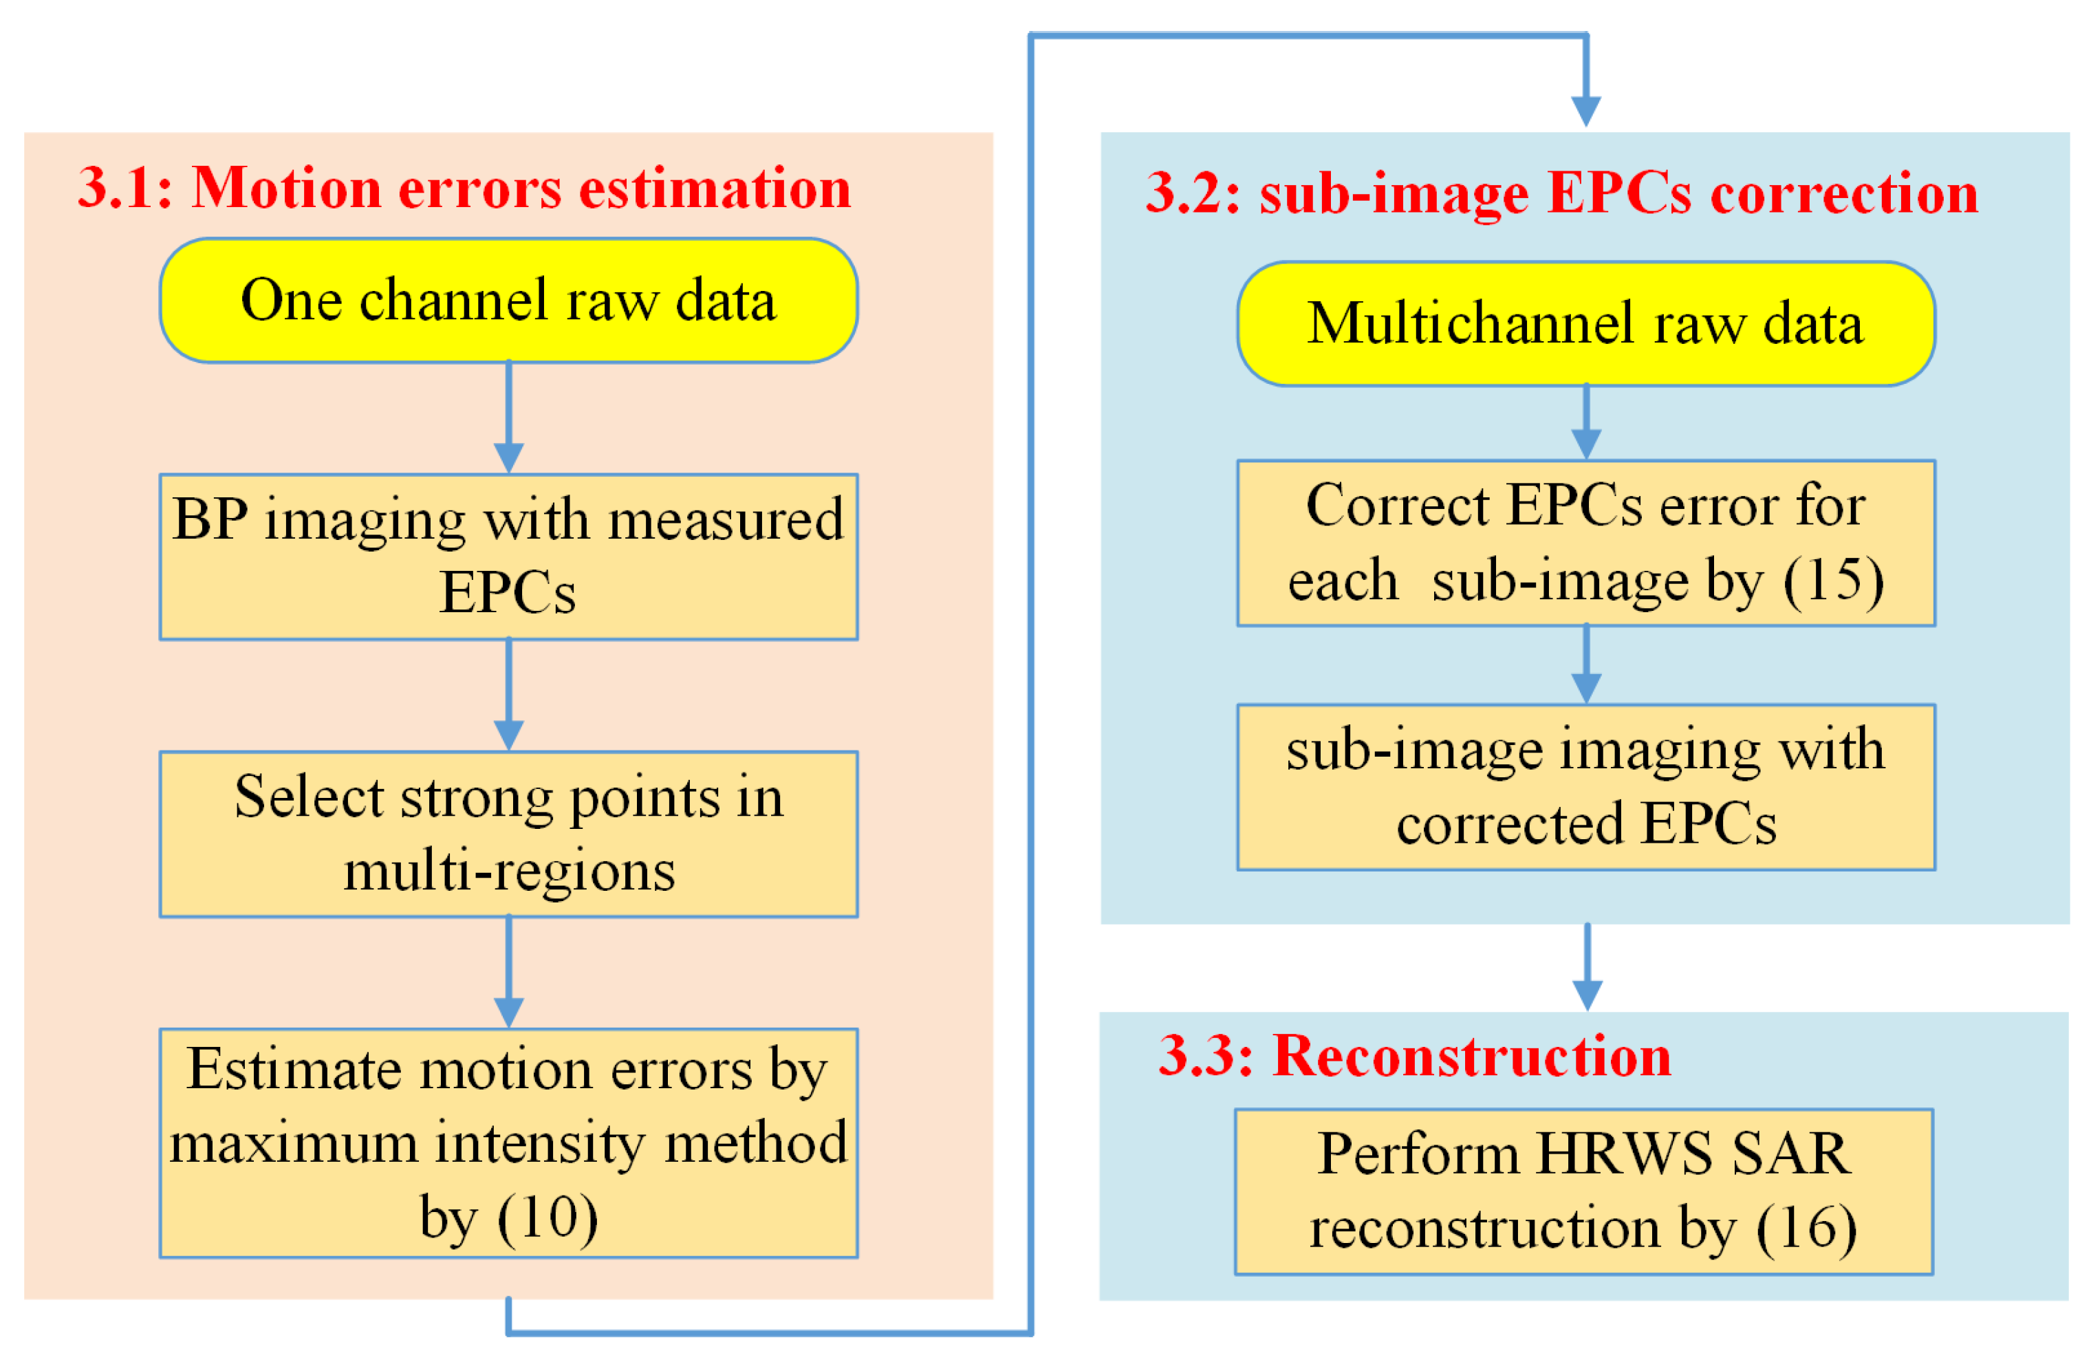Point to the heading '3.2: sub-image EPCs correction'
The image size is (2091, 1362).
(1561, 193)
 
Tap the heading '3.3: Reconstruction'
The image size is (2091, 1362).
(1413, 1055)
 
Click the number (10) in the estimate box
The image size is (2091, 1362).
(548, 1218)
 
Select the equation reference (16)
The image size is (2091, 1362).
(1806, 1228)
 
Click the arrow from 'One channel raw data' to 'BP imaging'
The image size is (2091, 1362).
(509, 418)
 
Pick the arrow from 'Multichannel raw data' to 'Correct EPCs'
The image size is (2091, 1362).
(1586, 422)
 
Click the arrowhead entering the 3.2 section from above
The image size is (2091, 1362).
(1586, 110)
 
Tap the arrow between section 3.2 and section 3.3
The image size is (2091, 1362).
(1587, 966)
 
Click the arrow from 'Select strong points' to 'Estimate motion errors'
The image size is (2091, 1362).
(509, 972)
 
